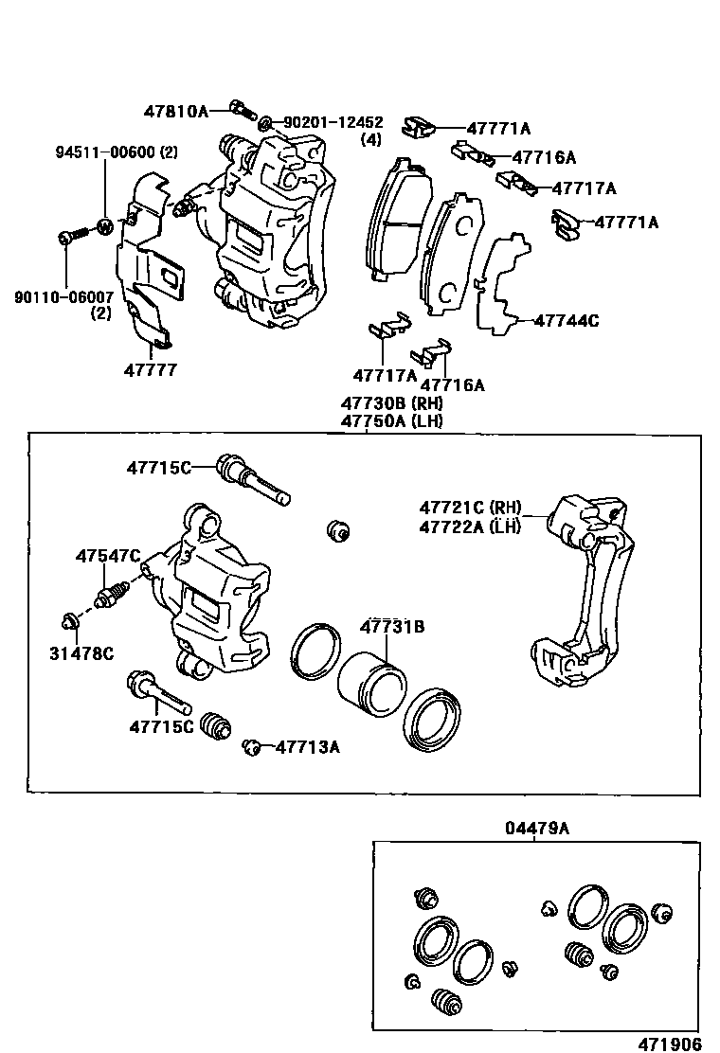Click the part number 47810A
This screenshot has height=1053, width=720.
175,111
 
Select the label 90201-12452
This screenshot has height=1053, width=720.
333,122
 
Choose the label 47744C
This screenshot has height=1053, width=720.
567,320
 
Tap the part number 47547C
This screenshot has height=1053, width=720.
108,556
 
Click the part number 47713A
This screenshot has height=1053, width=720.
307,747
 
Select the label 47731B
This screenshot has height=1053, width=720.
390,626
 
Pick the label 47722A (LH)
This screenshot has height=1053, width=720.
471,527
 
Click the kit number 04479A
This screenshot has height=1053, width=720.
536,828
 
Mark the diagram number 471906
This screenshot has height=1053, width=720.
669,1044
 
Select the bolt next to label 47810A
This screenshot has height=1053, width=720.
242,111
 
